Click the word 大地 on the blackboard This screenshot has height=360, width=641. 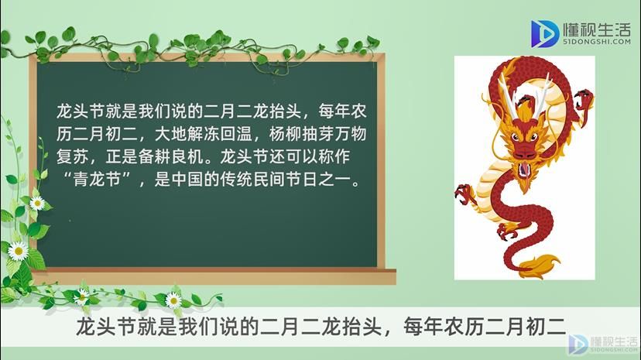point(170,134)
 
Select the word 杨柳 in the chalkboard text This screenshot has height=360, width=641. point(285,134)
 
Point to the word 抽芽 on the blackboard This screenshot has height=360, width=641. point(317,134)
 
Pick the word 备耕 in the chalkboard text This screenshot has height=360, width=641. point(154,157)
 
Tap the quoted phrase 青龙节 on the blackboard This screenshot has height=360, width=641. point(97,180)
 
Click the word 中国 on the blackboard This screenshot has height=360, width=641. point(187,180)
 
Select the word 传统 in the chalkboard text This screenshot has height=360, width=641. point(236,180)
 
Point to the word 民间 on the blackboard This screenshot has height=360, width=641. point(269,180)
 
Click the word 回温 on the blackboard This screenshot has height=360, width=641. point(236,134)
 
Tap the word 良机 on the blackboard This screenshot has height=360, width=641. point(187,157)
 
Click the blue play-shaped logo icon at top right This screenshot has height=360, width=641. point(544,33)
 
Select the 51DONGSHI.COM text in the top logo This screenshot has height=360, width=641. point(596,42)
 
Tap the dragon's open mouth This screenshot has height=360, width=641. point(523,170)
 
